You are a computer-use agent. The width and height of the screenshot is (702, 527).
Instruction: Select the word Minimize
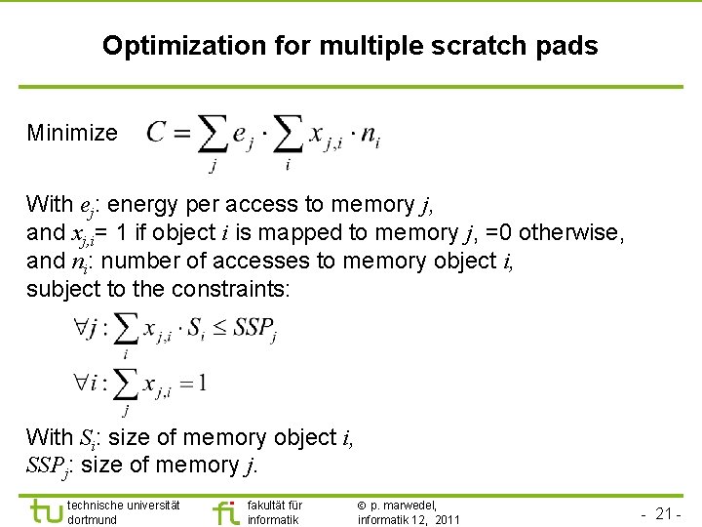pos(72,133)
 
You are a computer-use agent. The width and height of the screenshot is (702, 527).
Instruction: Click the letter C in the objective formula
pos(156,134)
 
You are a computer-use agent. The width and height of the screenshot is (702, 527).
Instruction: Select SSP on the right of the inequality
pos(254,330)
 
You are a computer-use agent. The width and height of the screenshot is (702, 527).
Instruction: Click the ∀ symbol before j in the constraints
pos(80,330)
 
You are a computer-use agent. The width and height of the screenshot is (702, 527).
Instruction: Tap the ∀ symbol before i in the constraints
pos(80,383)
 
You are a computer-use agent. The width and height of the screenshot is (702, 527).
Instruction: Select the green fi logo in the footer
pos(225,511)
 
